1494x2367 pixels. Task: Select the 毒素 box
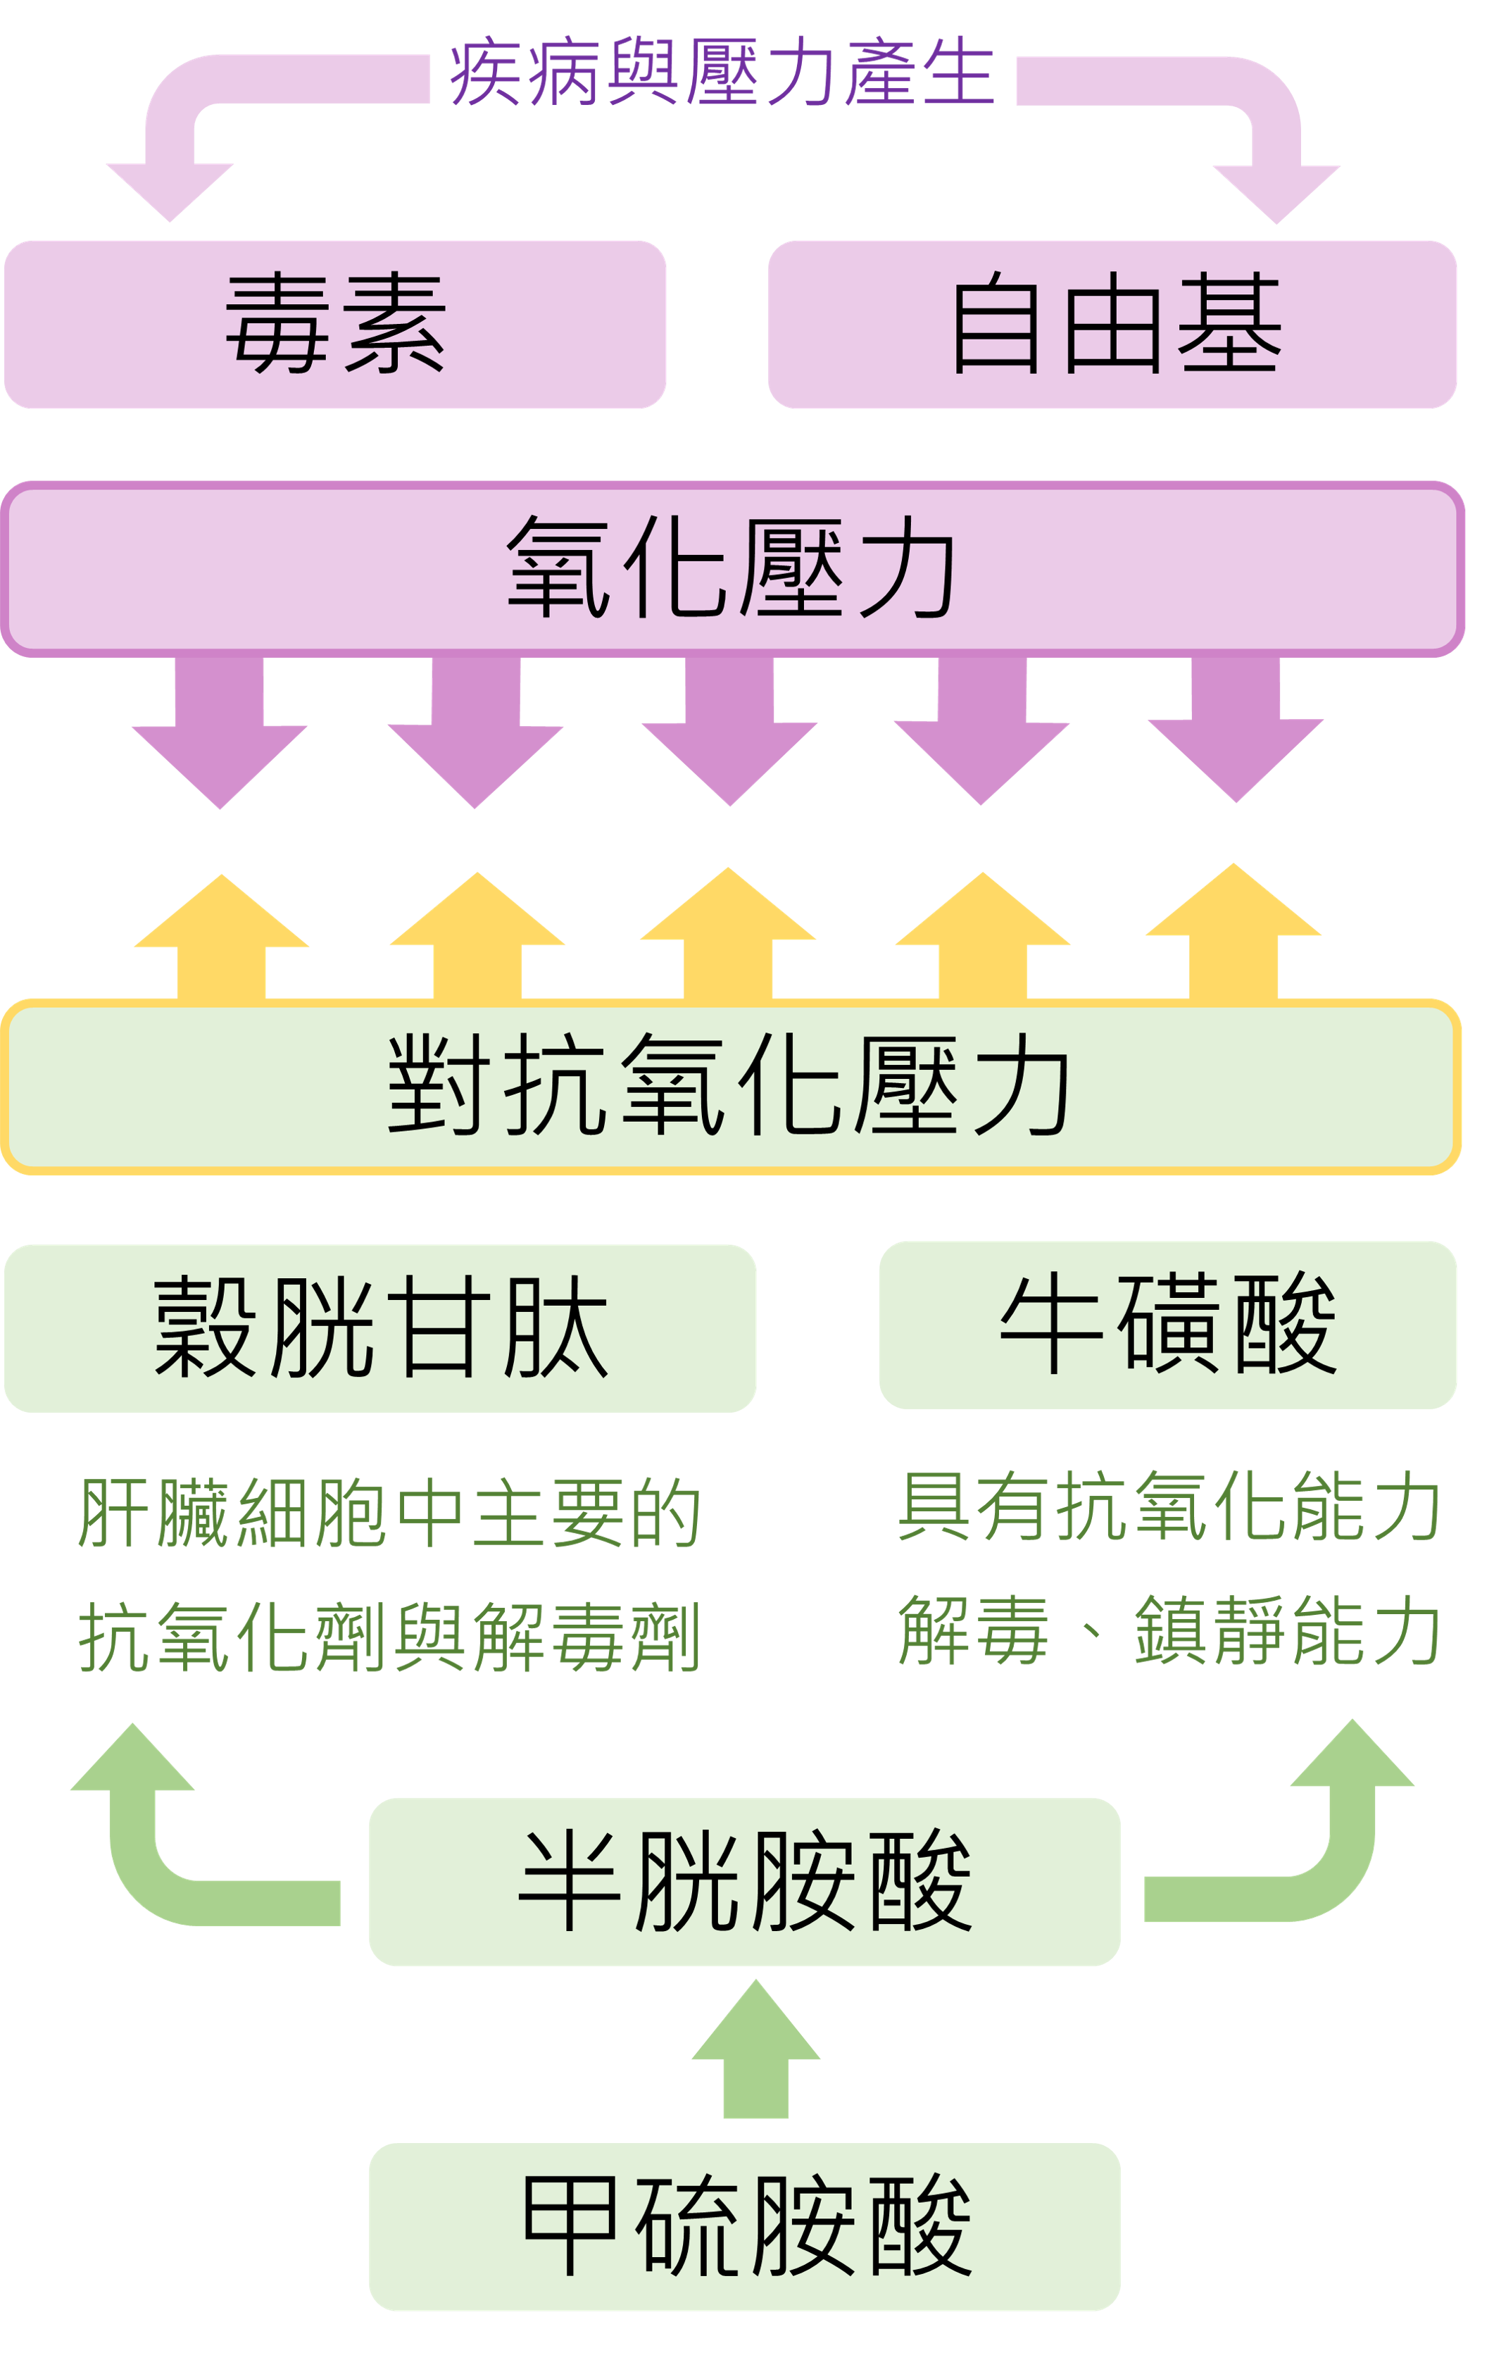pos(335,325)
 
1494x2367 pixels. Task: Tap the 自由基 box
pos(1112,325)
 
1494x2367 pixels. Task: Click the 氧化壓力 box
pos(732,568)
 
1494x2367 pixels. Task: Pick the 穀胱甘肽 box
pos(380,1328)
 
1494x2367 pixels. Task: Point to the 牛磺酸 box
pos(1168,1324)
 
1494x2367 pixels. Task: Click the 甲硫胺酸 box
pos(744,2226)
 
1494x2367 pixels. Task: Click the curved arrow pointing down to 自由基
pos(1268,127)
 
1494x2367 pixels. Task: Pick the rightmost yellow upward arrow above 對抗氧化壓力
pos(1234,934)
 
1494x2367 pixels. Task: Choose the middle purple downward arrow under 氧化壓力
pos(729,732)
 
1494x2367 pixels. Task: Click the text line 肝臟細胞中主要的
pos(389,1513)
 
